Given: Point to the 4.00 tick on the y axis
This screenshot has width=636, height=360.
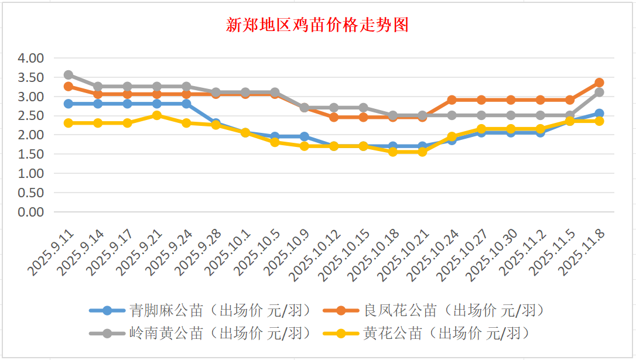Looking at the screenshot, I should click(31, 58).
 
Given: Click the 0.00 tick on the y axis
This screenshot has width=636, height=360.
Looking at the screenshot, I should click(31, 212).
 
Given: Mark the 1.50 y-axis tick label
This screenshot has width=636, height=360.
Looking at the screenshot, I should click(31, 154).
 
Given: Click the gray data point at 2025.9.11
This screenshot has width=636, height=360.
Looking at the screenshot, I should click(69, 75).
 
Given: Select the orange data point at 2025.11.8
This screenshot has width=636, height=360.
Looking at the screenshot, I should click(599, 83).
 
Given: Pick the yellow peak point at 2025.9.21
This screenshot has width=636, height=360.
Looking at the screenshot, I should click(157, 115).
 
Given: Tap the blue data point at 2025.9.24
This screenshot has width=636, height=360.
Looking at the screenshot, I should click(186, 104).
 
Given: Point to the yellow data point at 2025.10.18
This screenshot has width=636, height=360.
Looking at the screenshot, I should click(393, 152).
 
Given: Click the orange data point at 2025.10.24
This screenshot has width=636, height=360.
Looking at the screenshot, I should click(452, 100).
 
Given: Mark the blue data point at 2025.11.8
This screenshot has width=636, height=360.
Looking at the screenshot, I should click(599, 114).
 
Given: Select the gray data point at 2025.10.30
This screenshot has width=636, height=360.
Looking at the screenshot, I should click(511, 115).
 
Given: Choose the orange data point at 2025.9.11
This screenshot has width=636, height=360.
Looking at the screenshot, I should click(69, 87).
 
